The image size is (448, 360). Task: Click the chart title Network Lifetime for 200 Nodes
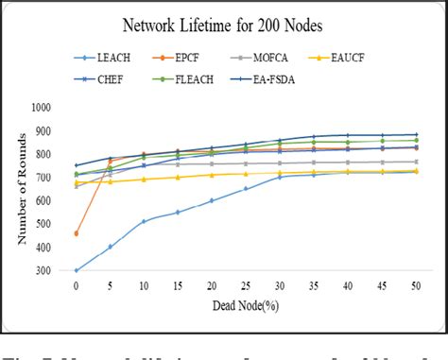223,26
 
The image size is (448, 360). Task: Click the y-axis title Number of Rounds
22,188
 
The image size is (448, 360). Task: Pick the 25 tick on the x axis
246,286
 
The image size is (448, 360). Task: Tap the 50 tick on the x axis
416,286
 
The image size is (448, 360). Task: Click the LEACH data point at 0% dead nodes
76,270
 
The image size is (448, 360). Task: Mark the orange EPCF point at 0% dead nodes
76,233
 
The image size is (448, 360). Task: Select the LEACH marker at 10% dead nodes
144,221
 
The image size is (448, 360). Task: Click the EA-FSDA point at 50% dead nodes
416,134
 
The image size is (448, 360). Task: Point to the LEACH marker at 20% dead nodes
212,200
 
